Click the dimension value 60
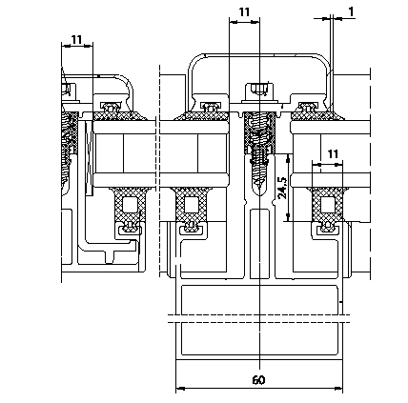258,380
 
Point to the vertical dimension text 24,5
282,188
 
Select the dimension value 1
351,11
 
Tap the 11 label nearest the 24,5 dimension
333,154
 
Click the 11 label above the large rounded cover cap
244,12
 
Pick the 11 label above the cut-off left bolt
76,40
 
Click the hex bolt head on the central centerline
260,89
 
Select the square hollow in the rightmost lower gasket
328,205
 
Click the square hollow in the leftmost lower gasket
130,205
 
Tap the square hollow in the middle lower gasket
192,205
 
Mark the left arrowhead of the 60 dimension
180,388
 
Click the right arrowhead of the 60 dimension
338,388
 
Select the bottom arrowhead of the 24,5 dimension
288,217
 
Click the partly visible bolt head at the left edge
68,90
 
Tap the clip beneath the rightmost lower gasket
327,227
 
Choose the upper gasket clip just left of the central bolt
210,107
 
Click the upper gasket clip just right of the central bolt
307,107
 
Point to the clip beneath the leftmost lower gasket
130,227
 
